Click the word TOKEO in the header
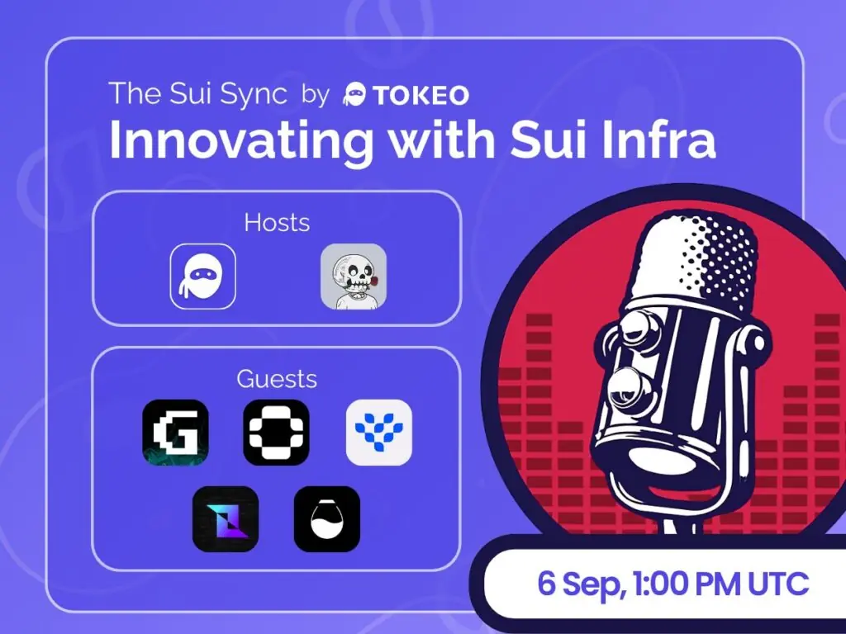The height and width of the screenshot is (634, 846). click(x=421, y=96)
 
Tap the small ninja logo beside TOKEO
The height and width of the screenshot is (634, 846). click(x=354, y=94)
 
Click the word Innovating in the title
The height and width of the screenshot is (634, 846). click(x=241, y=140)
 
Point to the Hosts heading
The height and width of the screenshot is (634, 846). click(x=277, y=222)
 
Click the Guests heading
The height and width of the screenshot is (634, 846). click(x=277, y=379)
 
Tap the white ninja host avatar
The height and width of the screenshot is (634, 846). click(x=203, y=277)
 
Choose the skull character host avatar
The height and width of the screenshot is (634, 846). click(x=354, y=277)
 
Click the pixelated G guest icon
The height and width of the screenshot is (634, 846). click(x=175, y=433)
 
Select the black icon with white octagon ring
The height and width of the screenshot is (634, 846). click(x=276, y=433)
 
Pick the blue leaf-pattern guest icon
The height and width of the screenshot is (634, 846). click(x=378, y=433)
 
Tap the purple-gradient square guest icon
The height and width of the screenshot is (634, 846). click(x=226, y=519)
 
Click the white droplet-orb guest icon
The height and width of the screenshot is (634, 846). click(x=327, y=519)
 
